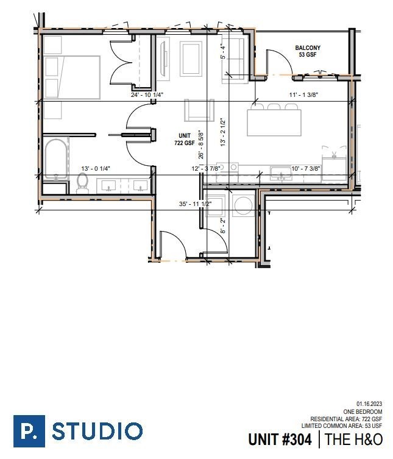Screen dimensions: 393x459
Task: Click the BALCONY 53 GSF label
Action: pos(308,51)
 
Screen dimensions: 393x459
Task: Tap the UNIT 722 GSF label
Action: pos(185,140)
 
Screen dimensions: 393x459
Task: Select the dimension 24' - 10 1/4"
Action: pos(147,95)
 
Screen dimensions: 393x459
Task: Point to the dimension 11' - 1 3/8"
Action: pos(303,95)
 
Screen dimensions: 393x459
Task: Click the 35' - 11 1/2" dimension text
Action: pos(195,204)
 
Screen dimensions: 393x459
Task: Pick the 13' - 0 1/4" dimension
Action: pos(96,169)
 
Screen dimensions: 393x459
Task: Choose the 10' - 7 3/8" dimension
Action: pos(306,169)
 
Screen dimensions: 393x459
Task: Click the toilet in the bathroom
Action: pos(82,183)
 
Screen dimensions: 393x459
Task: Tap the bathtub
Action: pos(56,159)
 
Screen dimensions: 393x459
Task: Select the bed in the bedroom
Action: pos(72,77)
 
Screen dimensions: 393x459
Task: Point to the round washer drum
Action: pos(244,205)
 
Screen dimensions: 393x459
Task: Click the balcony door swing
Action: pos(280,62)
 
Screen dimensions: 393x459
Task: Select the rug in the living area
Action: pos(191,59)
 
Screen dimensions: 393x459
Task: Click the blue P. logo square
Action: pos(29,431)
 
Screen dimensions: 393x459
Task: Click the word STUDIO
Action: pos(97,431)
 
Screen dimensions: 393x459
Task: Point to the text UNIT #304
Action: pos(280,439)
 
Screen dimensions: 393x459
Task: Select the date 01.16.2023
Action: pos(369,404)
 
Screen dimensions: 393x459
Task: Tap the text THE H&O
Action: pos(354,439)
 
